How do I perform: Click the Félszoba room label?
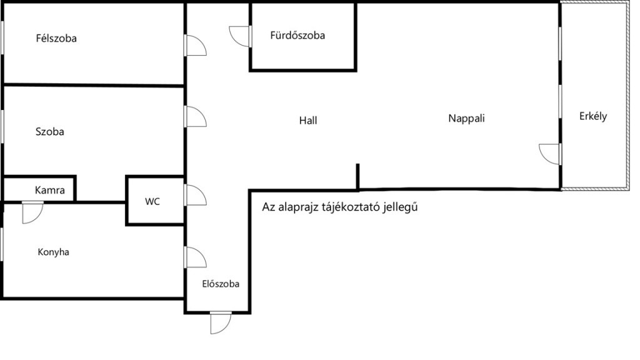56,39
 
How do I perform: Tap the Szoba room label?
50,132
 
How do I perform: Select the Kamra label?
50,190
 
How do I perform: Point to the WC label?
152,202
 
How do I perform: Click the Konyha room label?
53,252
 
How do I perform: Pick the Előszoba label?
221,283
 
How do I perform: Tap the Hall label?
308,120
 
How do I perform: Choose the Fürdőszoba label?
297,36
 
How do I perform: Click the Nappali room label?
467,117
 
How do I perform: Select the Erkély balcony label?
593,116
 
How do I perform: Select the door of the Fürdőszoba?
241,36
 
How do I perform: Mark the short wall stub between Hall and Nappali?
358,176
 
